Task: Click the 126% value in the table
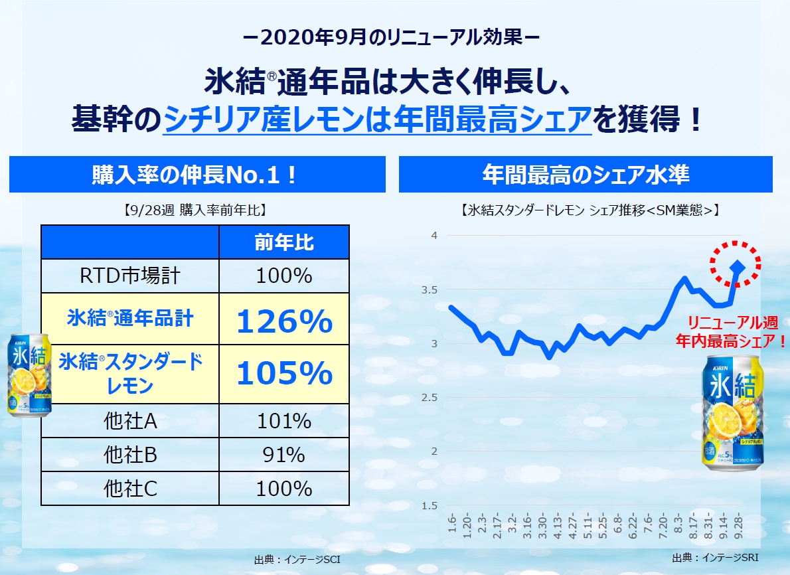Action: coord(284,321)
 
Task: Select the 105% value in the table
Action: coord(284,374)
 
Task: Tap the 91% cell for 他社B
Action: coord(284,455)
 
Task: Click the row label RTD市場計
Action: coord(130,276)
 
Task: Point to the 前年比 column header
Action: coord(284,242)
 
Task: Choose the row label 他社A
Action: coord(130,421)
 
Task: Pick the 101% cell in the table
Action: coord(284,421)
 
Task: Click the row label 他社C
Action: coord(130,489)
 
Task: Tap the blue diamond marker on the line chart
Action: coord(736,267)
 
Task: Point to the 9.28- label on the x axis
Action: coord(736,527)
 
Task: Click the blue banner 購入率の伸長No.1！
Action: coord(197,175)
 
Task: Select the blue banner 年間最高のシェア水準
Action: coord(586,175)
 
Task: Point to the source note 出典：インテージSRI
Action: coord(714,557)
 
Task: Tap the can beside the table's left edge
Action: coord(28,376)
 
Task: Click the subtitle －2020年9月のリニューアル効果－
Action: coord(396,37)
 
